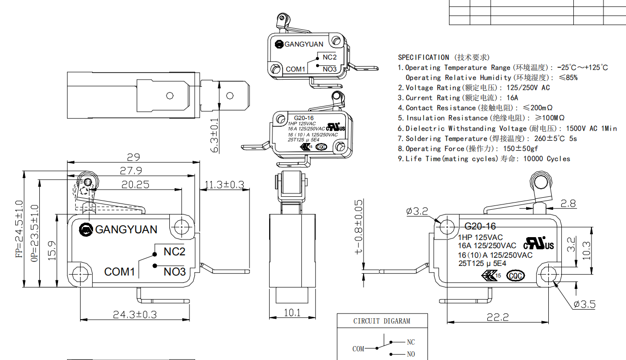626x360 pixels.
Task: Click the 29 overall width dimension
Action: [x=133, y=156]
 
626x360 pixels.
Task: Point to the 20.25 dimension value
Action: [x=135, y=184]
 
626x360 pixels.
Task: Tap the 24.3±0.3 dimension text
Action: [x=135, y=314]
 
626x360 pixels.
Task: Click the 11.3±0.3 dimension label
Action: [x=224, y=184]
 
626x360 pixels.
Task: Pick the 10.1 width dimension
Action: [x=292, y=312]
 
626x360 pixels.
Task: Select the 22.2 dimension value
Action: [x=496, y=317]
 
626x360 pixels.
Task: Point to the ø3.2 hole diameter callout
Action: [x=417, y=211]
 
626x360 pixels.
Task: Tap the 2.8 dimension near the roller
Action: [x=568, y=204]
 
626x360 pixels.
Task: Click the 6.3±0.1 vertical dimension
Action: [x=214, y=135]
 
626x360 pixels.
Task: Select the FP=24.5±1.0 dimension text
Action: [x=19, y=229]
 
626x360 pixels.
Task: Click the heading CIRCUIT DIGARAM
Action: [x=382, y=321]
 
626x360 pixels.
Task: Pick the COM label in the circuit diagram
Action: [x=358, y=349]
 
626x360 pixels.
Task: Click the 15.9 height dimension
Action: [x=53, y=251]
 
